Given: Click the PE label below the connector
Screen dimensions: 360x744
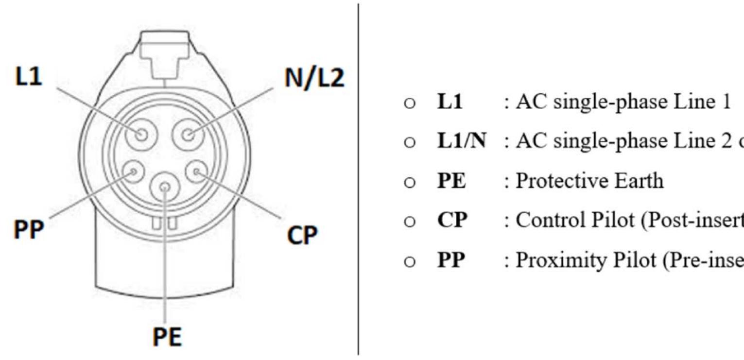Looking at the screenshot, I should pyautogui.click(x=167, y=337).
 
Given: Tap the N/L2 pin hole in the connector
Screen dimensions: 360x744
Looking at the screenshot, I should pyautogui.click(x=189, y=134).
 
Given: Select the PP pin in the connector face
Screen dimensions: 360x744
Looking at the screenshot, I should pyautogui.click(x=131, y=171).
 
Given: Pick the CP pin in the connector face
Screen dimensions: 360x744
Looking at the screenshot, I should pyautogui.click(x=197, y=171).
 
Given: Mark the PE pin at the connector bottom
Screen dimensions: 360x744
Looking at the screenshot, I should pyautogui.click(x=165, y=187).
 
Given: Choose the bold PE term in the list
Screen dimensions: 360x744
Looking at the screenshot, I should pyautogui.click(x=451, y=181).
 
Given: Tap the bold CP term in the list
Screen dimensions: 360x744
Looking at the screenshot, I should pyautogui.click(x=452, y=221).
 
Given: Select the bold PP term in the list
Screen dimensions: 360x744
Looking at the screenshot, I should pyautogui.click(x=451, y=260).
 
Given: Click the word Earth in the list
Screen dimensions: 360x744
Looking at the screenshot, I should pyautogui.click(x=639, y=181).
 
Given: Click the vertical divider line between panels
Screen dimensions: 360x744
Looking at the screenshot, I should pyautogui.click(x=359, y=180).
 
